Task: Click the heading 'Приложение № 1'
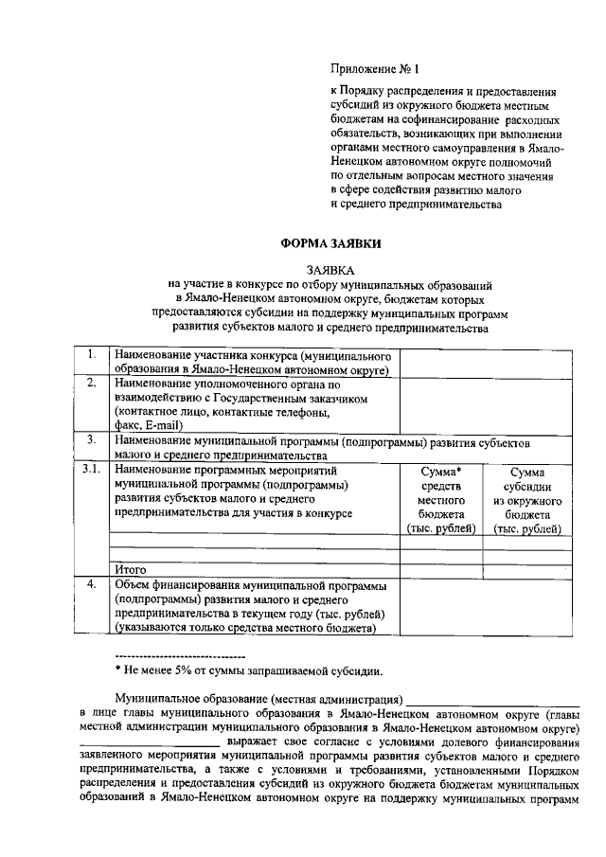pos(372,69)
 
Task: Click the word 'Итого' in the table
pos(131,570)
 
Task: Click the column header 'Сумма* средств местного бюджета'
pos(441,500)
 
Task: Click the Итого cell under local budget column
pos(441,570)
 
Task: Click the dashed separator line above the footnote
pos(179,656)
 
